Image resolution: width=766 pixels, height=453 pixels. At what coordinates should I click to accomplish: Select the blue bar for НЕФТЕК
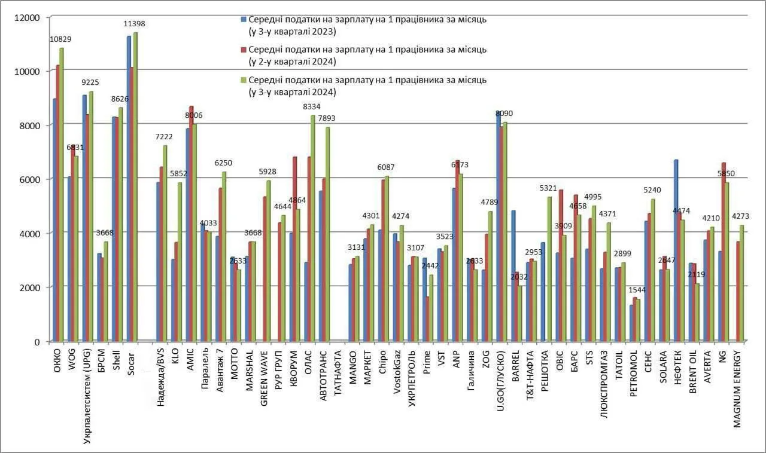point(676,250)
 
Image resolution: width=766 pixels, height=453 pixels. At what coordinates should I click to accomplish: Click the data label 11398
point(135,24)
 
